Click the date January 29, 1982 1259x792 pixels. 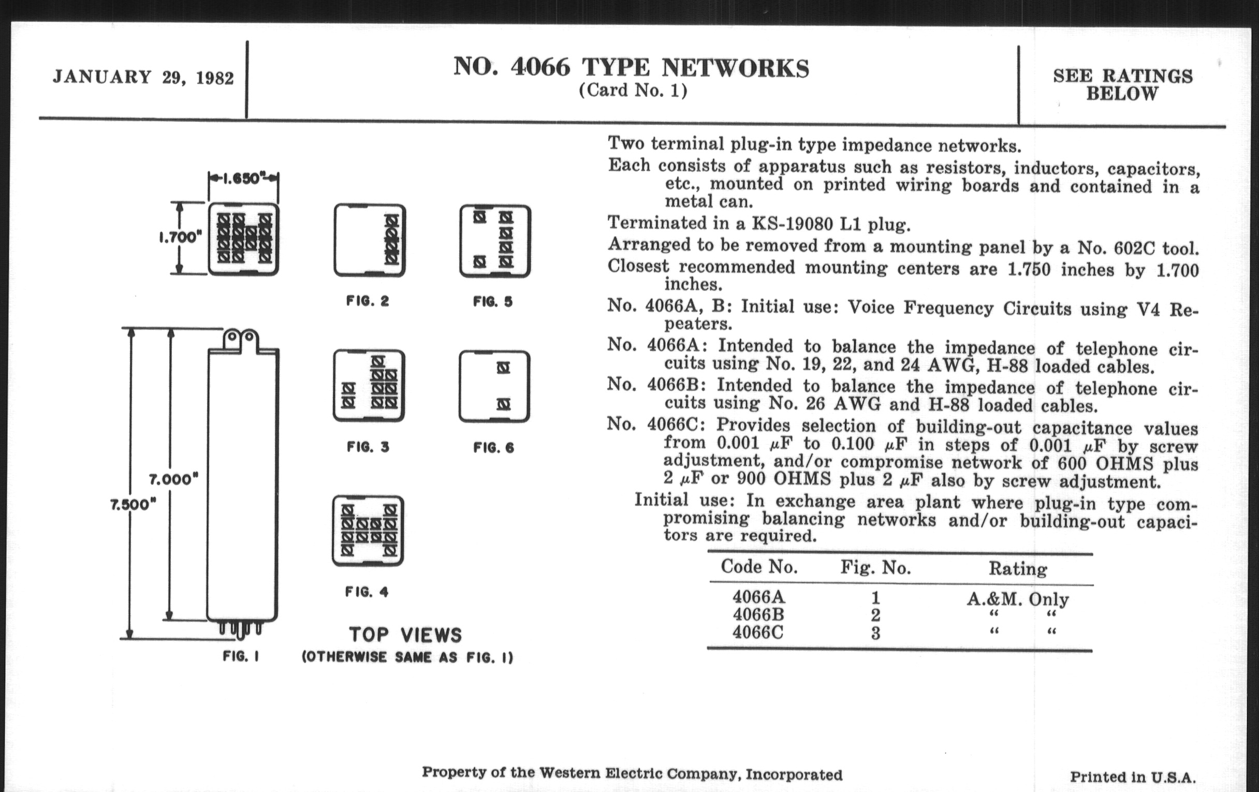pyautogui.click(x=143, y=77)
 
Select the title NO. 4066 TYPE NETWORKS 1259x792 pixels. pyautogui.click(x=631, y=68)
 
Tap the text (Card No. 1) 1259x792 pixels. pyautogui.click(x=633, y=91)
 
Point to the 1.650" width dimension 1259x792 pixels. pyautogui.click(x=243, y=179)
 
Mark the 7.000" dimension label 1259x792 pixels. pyautogui.click(x=173, y=479)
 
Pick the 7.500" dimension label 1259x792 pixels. pyautogui.click(x=134, y=505)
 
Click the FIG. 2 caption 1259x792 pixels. pyautogui.click(x=368, y=301)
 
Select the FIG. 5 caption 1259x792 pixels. pyautogui.click(x=493, y=302)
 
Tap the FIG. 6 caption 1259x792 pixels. pyautogui.click(x=493, y=447)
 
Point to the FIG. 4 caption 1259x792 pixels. pyautogui.click(x=367, y=592)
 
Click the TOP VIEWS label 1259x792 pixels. pyautogui.click(x=406, y=635)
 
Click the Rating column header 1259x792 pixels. pyautogui.click(x=1017, y=569)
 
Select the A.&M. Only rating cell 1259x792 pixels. pyautogui.click(x=1017, y=599)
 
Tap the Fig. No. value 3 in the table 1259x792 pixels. pyautogui.click(x=875, y=634)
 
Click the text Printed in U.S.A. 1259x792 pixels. pyautogui.click(x=1133, y=777)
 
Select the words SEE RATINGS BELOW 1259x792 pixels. pyautogui.click(x=1122, y=85)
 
